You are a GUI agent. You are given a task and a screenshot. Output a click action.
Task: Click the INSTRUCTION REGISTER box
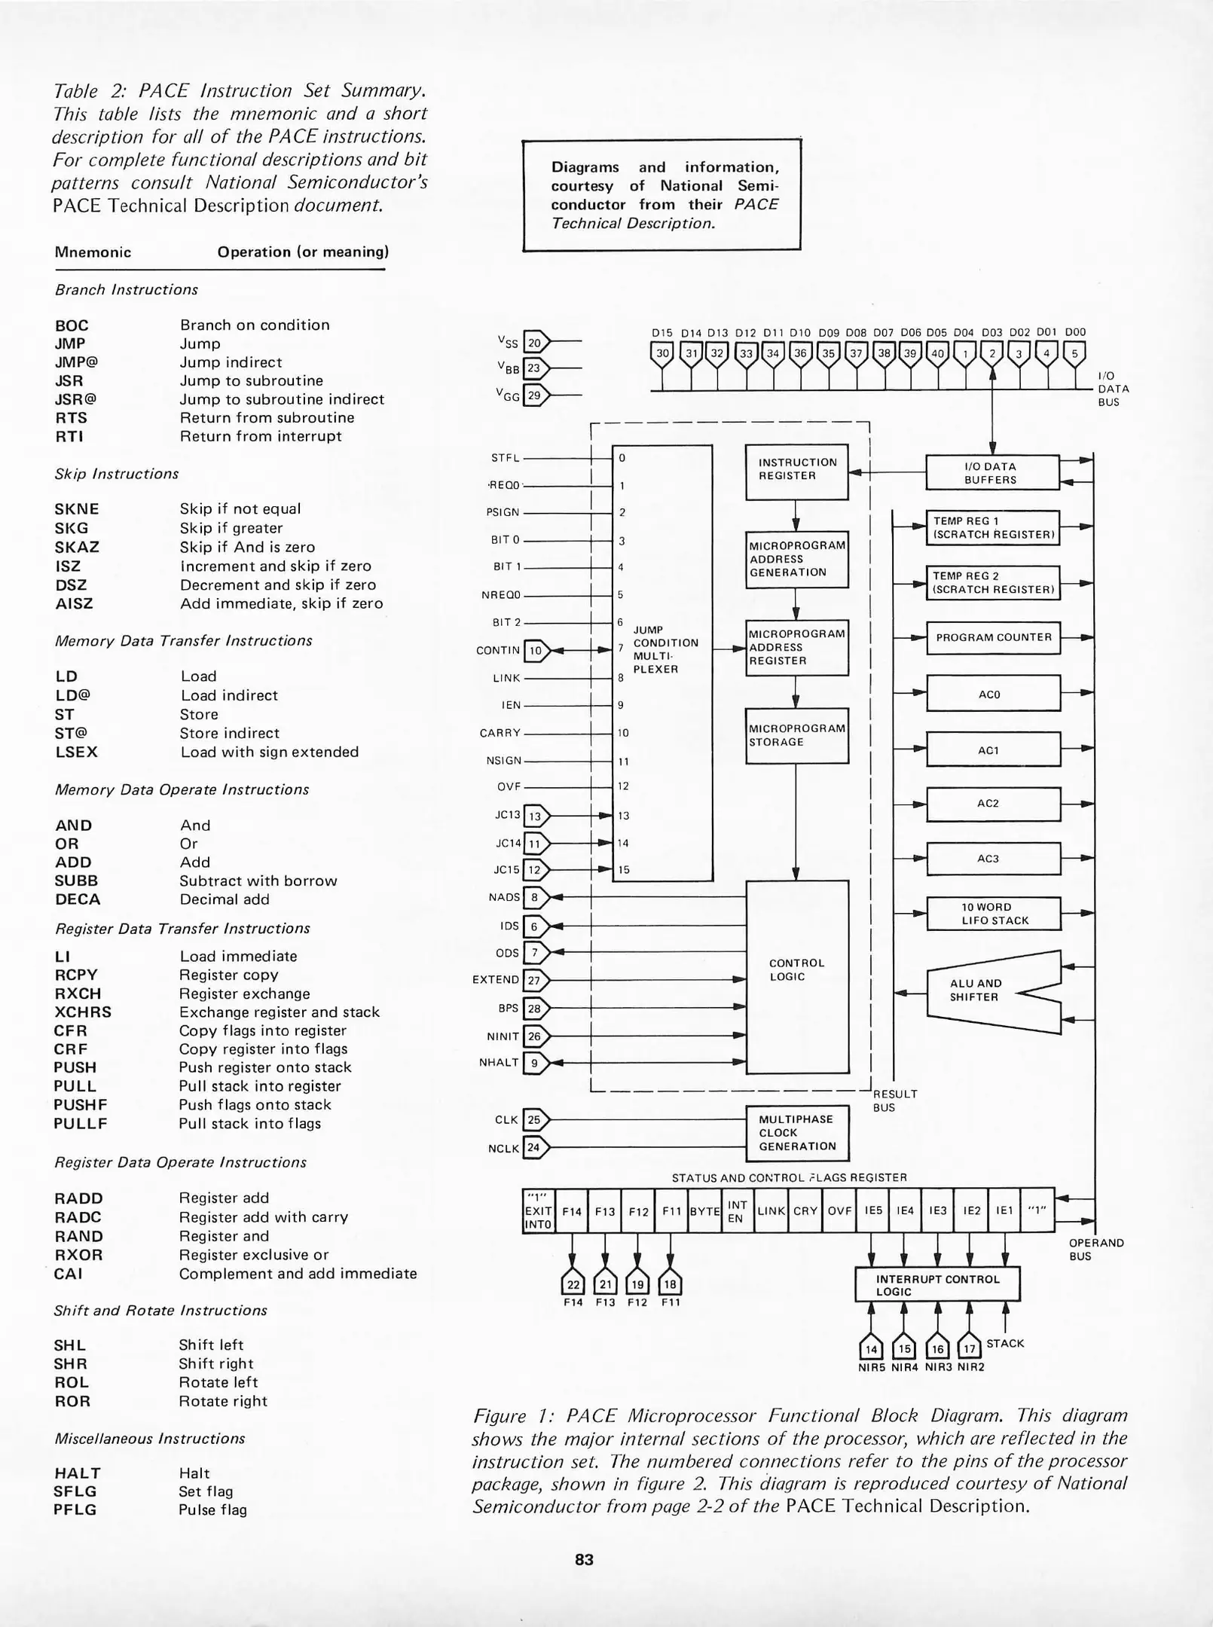click(x=796, y=472)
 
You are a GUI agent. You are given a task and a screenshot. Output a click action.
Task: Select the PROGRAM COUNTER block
click(x=993, y=637)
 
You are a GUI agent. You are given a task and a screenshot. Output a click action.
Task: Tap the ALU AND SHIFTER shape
click(x=979, y=991)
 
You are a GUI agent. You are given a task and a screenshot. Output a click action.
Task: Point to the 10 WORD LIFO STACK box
click(x=993, y=914)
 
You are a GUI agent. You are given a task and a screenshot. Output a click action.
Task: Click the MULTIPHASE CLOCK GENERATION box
click(x=796, y=1133)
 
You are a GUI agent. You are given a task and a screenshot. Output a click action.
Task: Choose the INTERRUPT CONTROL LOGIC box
click(x=936, y=1285)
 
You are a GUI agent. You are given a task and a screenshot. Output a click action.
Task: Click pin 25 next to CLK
click(x=534, y=1119)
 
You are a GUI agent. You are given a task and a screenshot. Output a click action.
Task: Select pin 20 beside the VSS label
click(x=534, y=343)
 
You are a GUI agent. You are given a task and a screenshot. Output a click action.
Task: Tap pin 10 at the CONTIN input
click(x=535, y=650)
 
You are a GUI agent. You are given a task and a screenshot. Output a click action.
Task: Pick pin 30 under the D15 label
click(x=662, y=353)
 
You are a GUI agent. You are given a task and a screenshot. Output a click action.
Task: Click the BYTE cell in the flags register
click(x=704, y=1211)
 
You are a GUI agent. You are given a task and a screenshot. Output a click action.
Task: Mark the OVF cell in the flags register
click(x=839, y=1211)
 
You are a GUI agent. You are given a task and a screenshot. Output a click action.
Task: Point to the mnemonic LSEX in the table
click(x=76, y=752)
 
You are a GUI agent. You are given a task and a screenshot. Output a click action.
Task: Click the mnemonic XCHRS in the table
click(x=82, y=1012)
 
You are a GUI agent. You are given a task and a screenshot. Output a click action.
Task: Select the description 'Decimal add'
click(x=225, y=899)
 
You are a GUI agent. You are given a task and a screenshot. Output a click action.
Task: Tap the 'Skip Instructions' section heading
click(x=117, y=474)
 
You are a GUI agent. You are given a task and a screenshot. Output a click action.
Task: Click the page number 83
click(x=584, y=1559)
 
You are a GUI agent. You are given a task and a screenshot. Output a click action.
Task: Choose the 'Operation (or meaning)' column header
click(x=303, y=252)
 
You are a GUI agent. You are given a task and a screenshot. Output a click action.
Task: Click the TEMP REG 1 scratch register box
click(x=993, y=527)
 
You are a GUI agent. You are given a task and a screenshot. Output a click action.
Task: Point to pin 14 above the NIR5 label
click(x=871, y=1348)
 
